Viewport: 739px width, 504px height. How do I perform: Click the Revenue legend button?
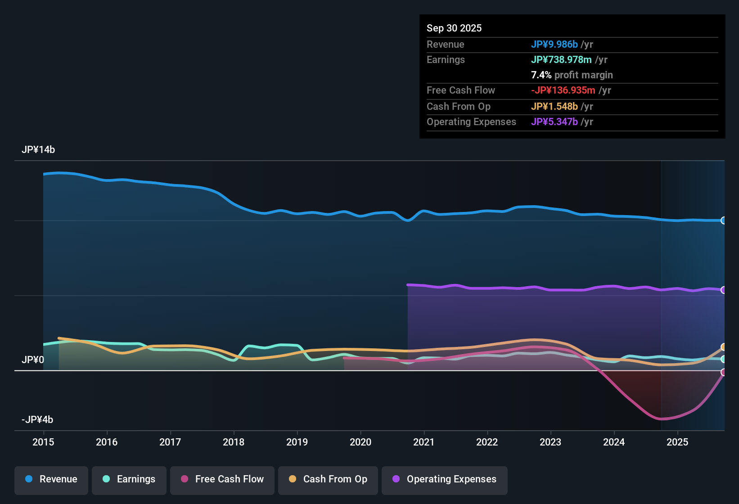pos(51,479)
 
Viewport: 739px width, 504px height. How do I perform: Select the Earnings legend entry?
pos(129,479)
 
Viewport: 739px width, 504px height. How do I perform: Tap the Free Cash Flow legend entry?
pos(222,479)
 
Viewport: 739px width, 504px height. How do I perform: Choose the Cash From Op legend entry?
pos(328,479)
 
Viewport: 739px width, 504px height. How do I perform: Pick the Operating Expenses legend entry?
pos(445,479)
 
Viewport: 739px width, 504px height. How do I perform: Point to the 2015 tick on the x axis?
pos(43,442)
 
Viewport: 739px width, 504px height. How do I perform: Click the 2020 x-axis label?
pos(360,442)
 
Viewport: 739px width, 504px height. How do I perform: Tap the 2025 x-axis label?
pos(677,442)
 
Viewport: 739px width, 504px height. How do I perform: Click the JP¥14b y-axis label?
pos(38,150)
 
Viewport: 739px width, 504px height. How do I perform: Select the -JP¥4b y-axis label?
pos(37,420)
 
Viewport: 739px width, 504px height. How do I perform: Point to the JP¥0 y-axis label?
pos(33,360)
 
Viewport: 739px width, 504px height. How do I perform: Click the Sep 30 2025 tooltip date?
pos(454,28)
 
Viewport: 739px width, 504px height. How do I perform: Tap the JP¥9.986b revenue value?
pos(554,45)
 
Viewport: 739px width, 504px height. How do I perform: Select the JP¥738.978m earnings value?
pos(561,60)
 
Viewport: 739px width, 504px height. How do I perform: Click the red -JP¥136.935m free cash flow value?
pos(563,90)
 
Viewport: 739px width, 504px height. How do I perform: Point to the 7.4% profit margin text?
pos(572,75)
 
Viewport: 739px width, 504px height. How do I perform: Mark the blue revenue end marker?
pos(723,220)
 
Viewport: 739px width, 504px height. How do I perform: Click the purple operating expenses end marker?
pos(723,290)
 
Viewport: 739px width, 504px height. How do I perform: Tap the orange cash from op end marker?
pos(723,347)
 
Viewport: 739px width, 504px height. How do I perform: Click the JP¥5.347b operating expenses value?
pos(554,122)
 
